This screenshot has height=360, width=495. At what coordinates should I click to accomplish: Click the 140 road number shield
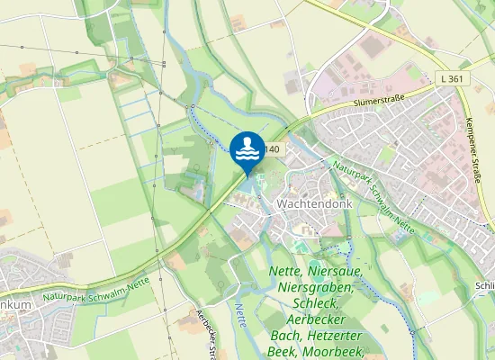tap(273, 149)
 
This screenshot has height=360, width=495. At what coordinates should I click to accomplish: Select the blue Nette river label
tap(241, 316)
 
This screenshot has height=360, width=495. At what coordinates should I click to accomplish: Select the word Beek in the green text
tap(286, 352)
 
